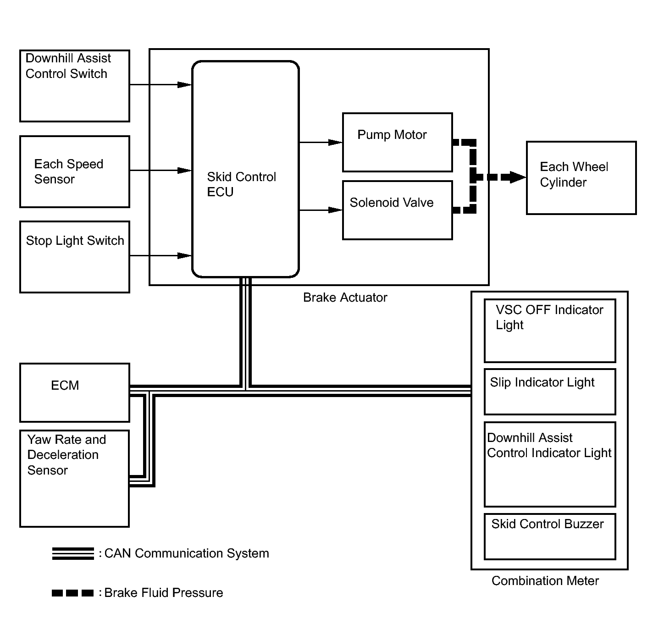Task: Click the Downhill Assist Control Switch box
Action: pos(74,86)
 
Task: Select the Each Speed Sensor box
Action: pos(74,171)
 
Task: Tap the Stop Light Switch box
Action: pos(74,257)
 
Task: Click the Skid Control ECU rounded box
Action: pos(245,169)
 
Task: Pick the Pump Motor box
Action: pos(397,142)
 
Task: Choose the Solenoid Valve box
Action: pos(397,210)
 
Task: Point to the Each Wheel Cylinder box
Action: pos(581,178)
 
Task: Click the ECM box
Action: pos(74,392)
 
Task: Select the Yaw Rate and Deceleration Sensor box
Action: pos(74,479)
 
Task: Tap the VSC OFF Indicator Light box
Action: pos(550,331)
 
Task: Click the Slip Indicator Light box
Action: pos(550,392)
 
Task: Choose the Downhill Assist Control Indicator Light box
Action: pos(550,464)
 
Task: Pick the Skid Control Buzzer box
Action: pos(550,537)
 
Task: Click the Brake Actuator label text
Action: pos(345,298)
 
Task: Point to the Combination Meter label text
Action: pos(545,581)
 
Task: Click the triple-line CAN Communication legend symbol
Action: pos(73,553)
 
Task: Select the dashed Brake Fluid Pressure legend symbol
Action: pos(72,593)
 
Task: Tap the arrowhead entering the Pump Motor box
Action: pos(335,142)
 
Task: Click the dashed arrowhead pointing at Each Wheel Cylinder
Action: pos(518,177)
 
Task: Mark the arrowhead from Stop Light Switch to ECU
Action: pos(184,256)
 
